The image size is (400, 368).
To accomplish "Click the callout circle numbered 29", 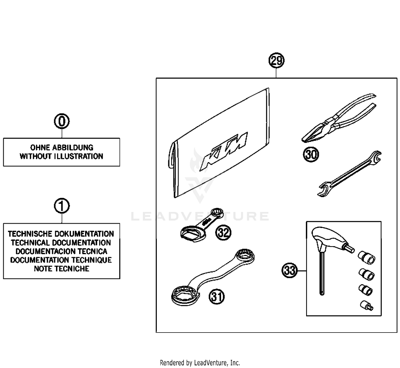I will (276, 61).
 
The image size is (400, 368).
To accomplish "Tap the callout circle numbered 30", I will (311, 154).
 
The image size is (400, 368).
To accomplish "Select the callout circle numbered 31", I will (217, 297).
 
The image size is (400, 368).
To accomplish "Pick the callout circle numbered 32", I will (223, 233).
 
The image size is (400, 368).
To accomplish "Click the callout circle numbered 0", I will (62, 122).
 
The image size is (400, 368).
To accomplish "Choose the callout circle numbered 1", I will (62, 206).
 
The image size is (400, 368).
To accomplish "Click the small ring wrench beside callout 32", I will (200, 226).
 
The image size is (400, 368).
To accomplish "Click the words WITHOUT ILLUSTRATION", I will (61, 156).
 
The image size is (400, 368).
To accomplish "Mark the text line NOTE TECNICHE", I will (61, 269).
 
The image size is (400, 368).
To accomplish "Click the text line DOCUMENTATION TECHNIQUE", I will (61, 260).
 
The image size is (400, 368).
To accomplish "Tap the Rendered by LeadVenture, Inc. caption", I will (200, 363).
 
